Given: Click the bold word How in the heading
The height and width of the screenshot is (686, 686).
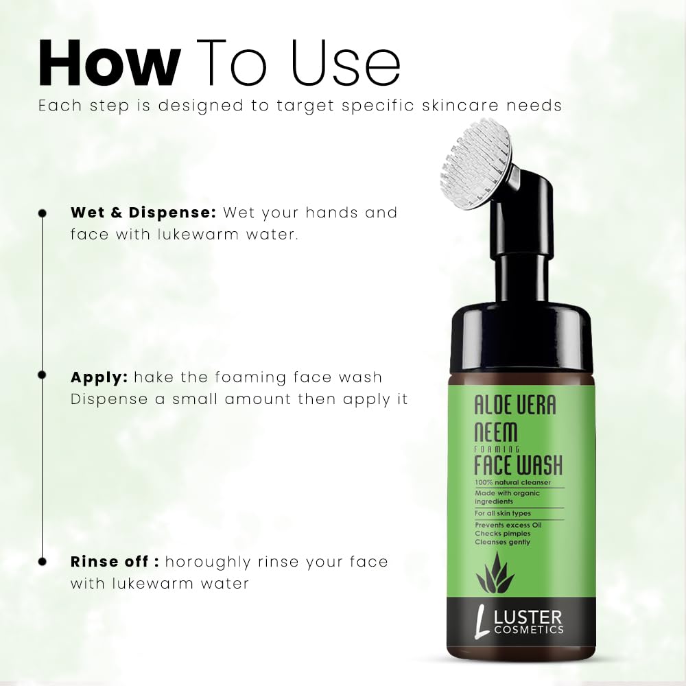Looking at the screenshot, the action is (x=109, y=63).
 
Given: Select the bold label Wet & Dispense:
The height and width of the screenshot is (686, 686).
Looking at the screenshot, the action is (x=143, y=213).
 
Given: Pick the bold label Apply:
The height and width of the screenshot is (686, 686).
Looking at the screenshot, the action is (x=99, y=378).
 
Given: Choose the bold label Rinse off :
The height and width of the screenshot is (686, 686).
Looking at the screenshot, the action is (x=115, y=562).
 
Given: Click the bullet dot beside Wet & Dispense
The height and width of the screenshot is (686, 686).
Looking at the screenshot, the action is (x=43, y=213).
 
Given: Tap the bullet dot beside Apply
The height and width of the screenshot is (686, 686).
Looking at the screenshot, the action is (x=43, y=375).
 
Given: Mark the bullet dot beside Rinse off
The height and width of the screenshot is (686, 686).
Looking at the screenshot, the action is (x=43, y=562).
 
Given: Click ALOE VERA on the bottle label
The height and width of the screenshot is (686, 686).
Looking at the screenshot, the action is (x=515, y=405).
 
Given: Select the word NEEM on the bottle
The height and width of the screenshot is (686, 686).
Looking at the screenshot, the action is (x=496, y=431).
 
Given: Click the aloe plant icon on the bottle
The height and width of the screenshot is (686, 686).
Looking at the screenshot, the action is (x=495, y=572).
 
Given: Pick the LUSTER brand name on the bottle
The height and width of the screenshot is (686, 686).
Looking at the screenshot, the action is (x=527, y=619).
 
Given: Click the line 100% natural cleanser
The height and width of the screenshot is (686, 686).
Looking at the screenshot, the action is (x=512, y=482).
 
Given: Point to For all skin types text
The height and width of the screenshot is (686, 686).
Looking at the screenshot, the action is (x=503, y=513).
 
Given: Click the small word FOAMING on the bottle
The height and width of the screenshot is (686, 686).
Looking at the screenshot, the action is (x=497, y=449).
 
